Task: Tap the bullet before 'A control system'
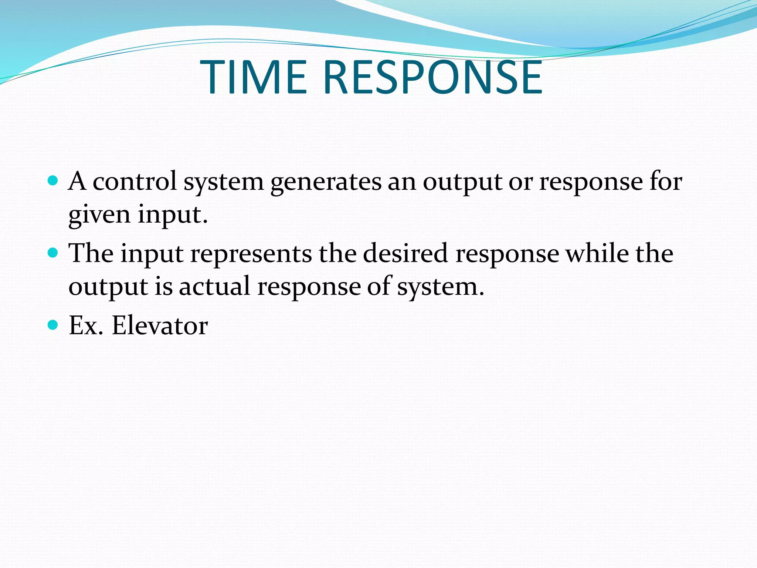pyautogui.click(x=53, y=181)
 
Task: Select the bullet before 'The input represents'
pyautogui.click(x=53, y=253)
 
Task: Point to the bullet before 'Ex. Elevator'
pyautogui.click(x=53, y=325)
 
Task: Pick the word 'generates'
pyautogui.click(x=326, y=182)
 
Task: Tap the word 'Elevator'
pyautogui.click(x=160, y=325)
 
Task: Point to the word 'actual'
pyautogui.click(x=215, y=286)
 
